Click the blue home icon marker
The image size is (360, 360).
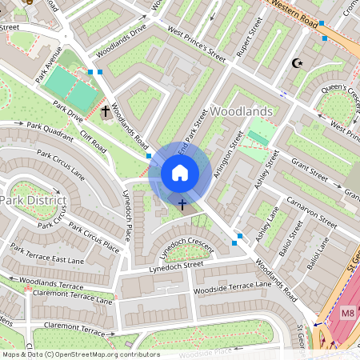coord(180,172)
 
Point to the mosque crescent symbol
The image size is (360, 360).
coord(298,62)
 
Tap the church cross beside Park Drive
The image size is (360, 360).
coord(106,111)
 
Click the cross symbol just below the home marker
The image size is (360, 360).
coord(182,205)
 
